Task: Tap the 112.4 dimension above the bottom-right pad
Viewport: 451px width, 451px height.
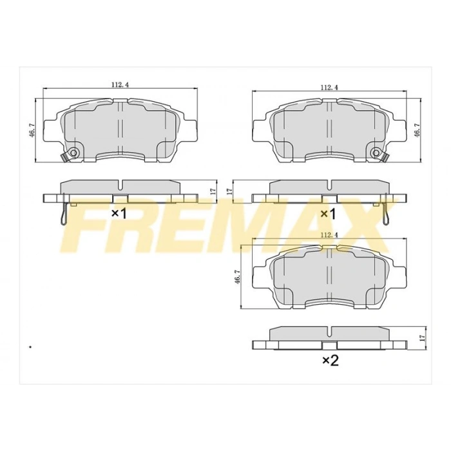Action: [329, 235]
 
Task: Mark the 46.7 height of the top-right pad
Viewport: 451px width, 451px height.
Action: [417, 130]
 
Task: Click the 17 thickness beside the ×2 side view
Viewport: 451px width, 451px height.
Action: [422, 338]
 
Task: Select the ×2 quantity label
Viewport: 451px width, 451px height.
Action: [330, 361]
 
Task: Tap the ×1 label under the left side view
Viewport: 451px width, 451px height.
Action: [120, 213]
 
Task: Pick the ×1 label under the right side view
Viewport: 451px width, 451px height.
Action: [329, 213]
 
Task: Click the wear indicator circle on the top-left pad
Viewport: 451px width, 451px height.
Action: [73, 153]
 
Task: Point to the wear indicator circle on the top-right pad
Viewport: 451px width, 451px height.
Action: [376, 153]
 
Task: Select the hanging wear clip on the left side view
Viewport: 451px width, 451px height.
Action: [62, 213]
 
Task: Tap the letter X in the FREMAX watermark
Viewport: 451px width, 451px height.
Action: [361, 229]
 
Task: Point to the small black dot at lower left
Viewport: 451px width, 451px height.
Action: [30, 347]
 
